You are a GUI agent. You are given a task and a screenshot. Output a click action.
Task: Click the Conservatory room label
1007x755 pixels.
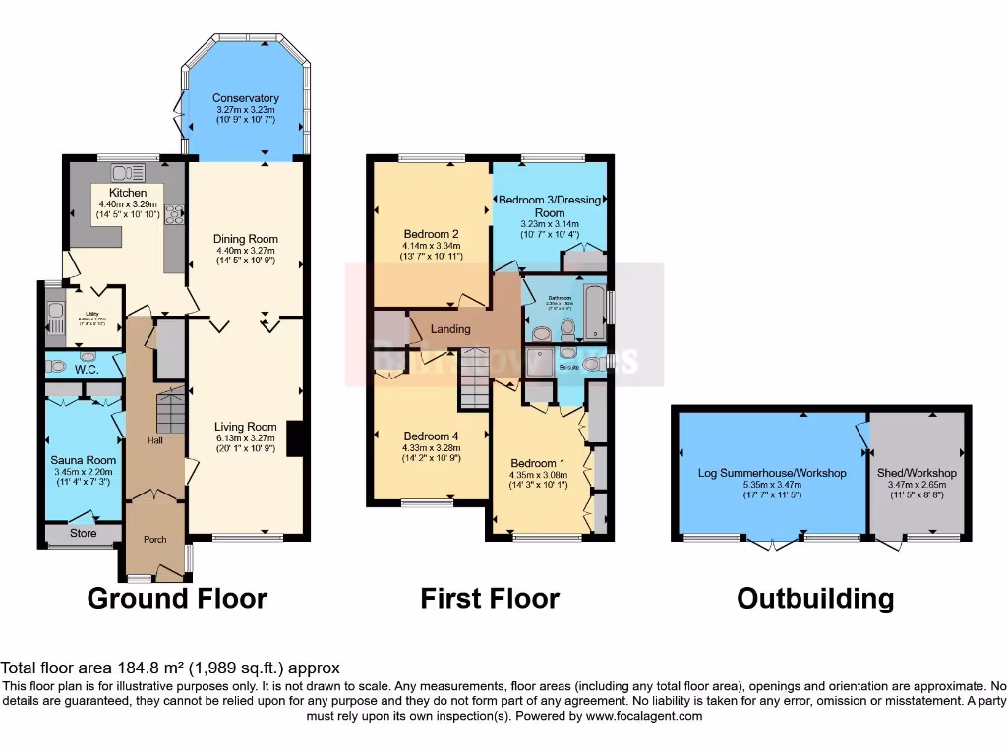246,98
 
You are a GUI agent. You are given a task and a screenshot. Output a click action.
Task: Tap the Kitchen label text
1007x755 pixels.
128,193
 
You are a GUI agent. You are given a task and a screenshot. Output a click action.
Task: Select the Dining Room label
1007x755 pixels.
246,239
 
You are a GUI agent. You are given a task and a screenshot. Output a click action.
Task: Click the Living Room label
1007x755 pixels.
246,427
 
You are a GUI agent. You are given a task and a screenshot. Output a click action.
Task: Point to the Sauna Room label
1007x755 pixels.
84,460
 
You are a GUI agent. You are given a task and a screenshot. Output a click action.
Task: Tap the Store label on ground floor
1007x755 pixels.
84,534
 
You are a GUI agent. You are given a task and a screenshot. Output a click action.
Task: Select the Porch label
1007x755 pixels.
155,539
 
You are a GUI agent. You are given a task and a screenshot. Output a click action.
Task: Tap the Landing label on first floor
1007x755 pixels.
450,329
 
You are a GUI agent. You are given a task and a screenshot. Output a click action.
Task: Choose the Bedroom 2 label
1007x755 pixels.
433,233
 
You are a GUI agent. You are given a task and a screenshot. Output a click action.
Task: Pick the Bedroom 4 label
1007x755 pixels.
433,436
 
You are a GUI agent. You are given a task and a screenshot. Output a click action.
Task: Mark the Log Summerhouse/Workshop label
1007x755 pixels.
772,473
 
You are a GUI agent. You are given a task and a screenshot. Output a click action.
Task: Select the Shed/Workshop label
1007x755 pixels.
917,473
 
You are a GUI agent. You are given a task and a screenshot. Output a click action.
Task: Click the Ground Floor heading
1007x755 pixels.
177,598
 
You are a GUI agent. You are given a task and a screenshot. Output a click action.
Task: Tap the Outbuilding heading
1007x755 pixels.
815,598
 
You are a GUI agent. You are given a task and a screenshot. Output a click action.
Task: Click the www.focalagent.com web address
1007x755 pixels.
644,717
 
